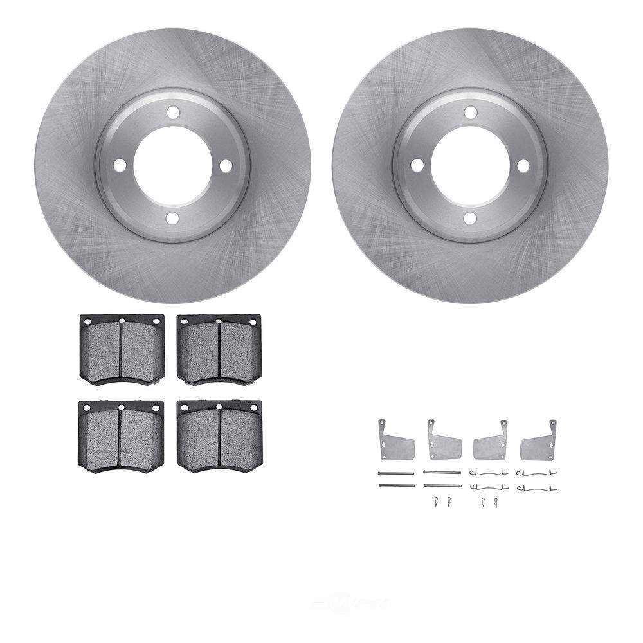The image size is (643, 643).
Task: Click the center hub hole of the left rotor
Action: tap(172, 165)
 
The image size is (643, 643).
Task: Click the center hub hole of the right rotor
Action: tap(470, 165)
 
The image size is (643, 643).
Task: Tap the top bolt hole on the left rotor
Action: tap(172, 113)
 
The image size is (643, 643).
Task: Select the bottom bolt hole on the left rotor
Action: tap(172, 219)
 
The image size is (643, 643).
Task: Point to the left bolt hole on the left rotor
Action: tap(120, 165)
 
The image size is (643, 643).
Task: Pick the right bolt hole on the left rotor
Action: tap(226, 165)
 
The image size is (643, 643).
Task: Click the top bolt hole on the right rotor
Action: tap(470, 113)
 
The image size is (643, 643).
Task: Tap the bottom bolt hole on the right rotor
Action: tap(470, 219)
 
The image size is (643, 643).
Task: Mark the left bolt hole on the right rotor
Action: tap(417, 165)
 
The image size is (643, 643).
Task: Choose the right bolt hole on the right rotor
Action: tap(523, 165)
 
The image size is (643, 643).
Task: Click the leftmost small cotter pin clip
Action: tap(435, 502)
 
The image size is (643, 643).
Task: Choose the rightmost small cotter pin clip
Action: tap(496, 502)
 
